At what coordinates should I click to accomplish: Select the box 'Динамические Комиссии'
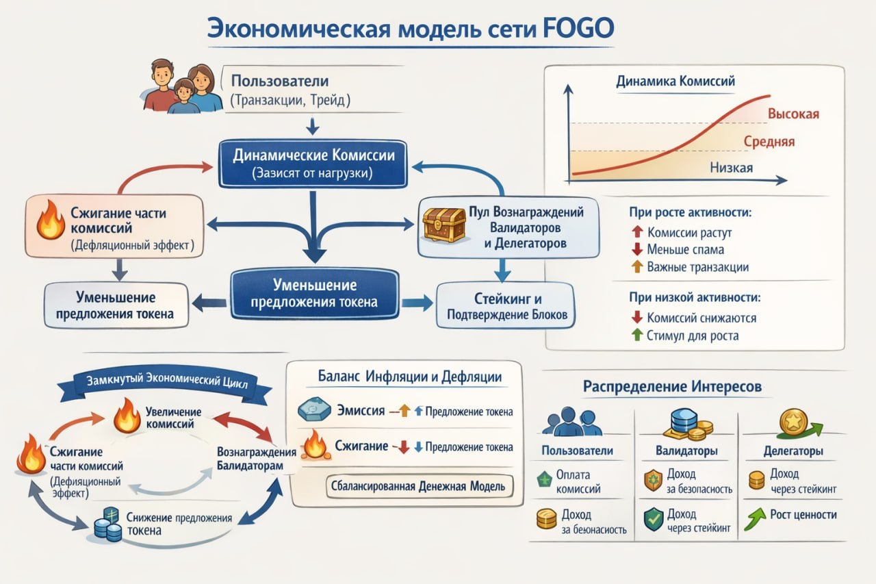click(313, 164)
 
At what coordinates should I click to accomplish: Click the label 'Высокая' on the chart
click(793, 114)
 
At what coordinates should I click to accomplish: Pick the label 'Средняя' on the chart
click(769, 142)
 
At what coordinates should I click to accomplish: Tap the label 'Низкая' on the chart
click(731, 168)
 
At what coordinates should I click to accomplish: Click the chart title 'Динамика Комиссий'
click(675, 81)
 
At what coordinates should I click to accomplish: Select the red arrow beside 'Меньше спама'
click(636, 250)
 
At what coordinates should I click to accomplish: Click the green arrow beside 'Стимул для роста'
click(636, 335)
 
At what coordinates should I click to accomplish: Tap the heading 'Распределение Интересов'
click(671, 387)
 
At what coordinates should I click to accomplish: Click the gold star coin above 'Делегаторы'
click(793, 421)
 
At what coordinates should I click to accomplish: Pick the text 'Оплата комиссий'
click(574, 482)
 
